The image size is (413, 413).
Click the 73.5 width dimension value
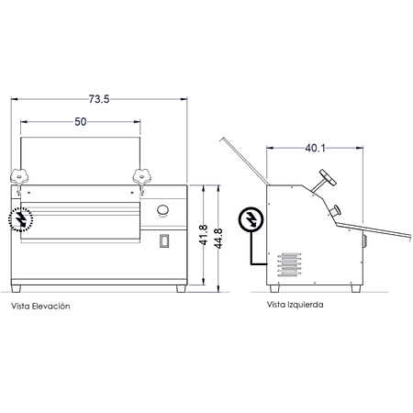[x=99, y=99]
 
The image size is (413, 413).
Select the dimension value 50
[x=81, y=122]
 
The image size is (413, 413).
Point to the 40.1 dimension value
[x=315, y=149]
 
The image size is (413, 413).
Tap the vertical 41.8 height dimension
[x=204, y=235]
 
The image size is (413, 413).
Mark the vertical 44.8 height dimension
[x=218, y=239]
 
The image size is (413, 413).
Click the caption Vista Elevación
[x=40, y=307]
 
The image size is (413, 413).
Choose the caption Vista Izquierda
[x=295, y=305]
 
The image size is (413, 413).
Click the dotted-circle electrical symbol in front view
[x=20, y=218]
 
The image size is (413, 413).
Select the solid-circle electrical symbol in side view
[x=251, y=219]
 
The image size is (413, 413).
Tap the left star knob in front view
[x=19, y=176]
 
